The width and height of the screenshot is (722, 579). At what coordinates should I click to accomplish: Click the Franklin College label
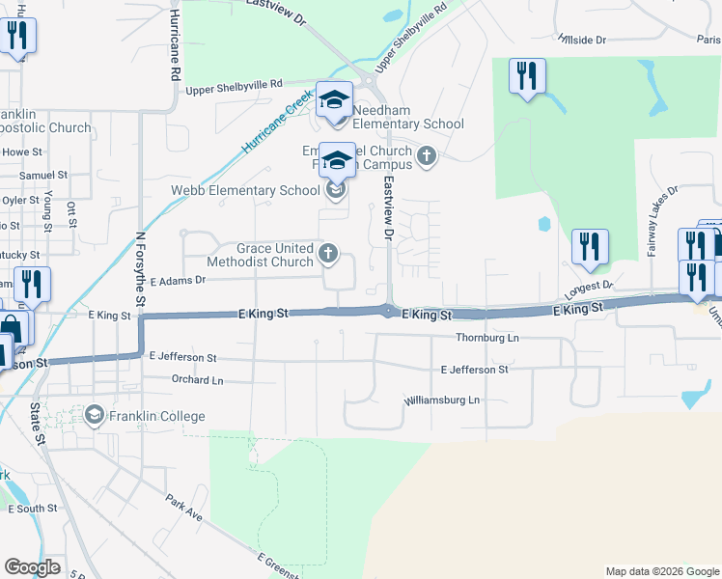click(x=156, y=416)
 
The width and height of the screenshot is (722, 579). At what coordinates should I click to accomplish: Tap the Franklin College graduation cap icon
click(x=95, y=416)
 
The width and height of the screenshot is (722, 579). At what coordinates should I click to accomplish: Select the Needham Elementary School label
click(x=407, y=124)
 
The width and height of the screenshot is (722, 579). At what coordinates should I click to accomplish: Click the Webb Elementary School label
click(x=245, y=190)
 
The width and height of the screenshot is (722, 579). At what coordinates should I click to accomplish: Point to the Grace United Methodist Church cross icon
click(x=328, y=254)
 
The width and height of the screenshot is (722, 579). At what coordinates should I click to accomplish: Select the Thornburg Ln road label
click(x=487, y=339)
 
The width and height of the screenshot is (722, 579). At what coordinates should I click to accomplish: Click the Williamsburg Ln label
click(x=441, y=400)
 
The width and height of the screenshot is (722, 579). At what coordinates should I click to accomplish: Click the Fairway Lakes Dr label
click(x=662, y=221)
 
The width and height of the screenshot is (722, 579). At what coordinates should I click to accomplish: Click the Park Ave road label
click(x=182, y=509)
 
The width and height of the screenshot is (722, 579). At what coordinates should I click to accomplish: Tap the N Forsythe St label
click(x=140, y=269)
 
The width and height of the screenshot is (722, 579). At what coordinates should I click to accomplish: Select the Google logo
click(x=32, y=566)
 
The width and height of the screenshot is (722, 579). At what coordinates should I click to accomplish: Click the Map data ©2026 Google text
click(x=661, y=571)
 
